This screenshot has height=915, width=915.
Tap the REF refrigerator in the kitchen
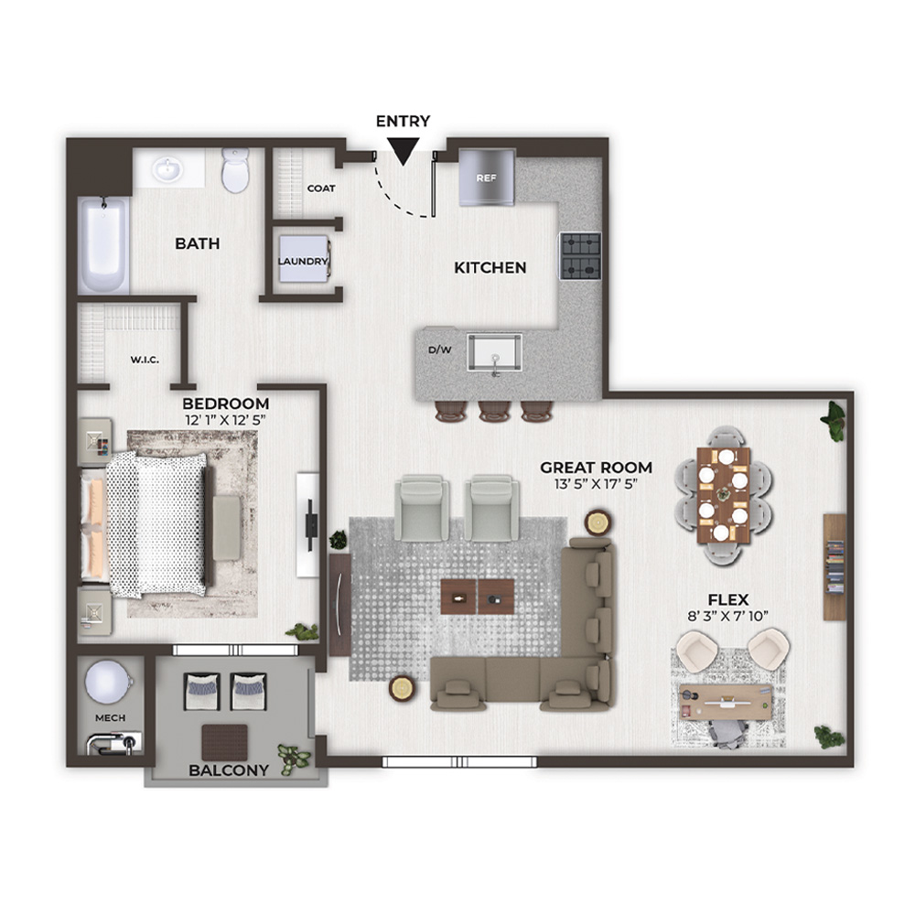click(x=487, y=178)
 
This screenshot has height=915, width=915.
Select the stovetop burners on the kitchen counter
click(x=581, y=256)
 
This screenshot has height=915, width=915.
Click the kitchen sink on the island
click(x=494, y=352)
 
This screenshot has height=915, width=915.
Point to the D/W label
click(x=440, y=350)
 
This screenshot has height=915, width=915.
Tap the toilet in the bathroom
click(x=236, y=170)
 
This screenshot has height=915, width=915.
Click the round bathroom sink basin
click(x=167, y=170)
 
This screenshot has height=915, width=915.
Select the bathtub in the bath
click(x=104, y=245)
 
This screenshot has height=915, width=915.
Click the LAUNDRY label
click(x=303, y=262)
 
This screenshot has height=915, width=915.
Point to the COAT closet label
click(x=321, y=188)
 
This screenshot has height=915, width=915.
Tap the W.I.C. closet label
click(x=145, y=360)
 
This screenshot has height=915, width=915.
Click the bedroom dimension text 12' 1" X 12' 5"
click(x=226, y=420)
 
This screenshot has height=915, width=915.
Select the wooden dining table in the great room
click(x=724, y=495)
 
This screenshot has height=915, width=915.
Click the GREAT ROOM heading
click(x=596, y=468)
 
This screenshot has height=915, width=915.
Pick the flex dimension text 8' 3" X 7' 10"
click(x=727, y=616)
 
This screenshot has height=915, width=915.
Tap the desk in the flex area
click(x=726, y=703)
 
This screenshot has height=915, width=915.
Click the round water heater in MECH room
click(x=106, y=682)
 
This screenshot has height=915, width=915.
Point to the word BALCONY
click(x=229, y=770)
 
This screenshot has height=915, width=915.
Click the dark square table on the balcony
click(x=225, y=742)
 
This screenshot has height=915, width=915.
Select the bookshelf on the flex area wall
click(x=834, y=566)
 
